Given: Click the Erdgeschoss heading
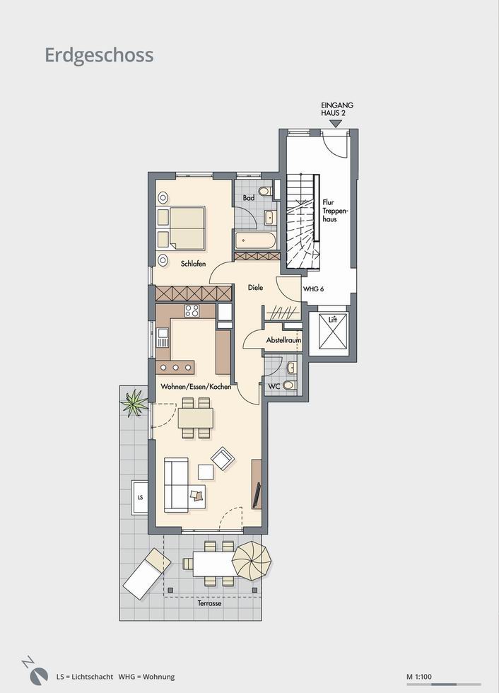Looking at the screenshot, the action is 100,56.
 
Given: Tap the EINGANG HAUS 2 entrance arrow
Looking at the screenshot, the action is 336,124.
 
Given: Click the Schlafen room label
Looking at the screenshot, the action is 193,264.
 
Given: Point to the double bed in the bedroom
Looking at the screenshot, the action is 182,227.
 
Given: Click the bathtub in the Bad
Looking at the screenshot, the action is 255,241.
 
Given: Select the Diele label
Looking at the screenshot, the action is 255,287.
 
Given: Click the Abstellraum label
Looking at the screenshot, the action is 283,340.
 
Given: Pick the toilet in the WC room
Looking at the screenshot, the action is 290,385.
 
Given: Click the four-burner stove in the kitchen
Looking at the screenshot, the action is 192,310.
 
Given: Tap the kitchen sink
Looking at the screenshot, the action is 163,338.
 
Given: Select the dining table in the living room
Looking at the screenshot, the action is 196,418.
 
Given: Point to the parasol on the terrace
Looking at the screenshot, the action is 252,559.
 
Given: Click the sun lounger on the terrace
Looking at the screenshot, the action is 146,573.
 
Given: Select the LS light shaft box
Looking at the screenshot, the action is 140,497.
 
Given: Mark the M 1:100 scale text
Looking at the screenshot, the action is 419,676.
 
